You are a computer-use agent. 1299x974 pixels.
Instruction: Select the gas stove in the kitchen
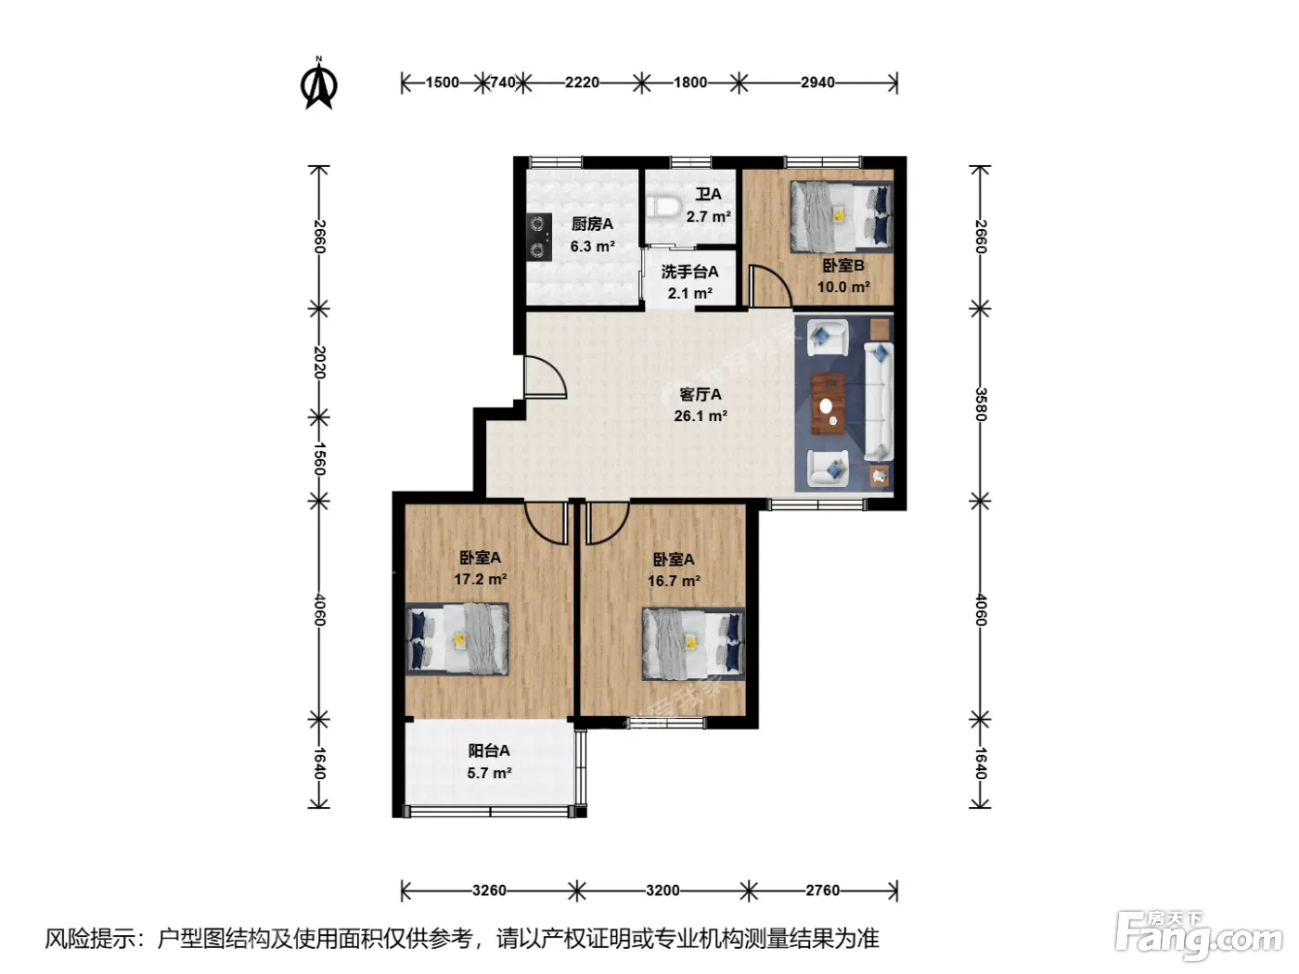tap(538, 237)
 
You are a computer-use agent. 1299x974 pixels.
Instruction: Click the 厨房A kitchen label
tap(592, 224)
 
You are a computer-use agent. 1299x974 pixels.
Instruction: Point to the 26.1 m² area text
tap(701, 416)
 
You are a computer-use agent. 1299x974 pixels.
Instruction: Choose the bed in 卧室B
tap(841, 216)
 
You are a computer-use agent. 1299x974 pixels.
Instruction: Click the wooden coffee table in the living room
tap(828, 404)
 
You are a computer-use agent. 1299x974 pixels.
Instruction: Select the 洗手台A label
tap(689, 272)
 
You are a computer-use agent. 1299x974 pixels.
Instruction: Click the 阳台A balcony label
tap(489, 750)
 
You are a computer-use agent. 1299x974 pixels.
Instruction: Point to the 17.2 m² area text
tap(480, 579)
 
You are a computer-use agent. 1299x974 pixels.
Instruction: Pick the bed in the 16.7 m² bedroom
tap(694, 644)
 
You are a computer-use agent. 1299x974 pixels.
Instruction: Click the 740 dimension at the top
tap(503, 83)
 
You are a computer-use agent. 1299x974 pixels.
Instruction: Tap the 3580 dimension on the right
tap(981, 404)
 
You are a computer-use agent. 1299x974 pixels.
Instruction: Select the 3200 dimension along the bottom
tap(662, 890)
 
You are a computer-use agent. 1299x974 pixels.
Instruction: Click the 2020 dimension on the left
tap(319, 362)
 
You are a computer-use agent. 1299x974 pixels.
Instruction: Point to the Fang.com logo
tap(1198, 935)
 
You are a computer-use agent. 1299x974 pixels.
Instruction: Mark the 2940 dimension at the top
tap(817, 83)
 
